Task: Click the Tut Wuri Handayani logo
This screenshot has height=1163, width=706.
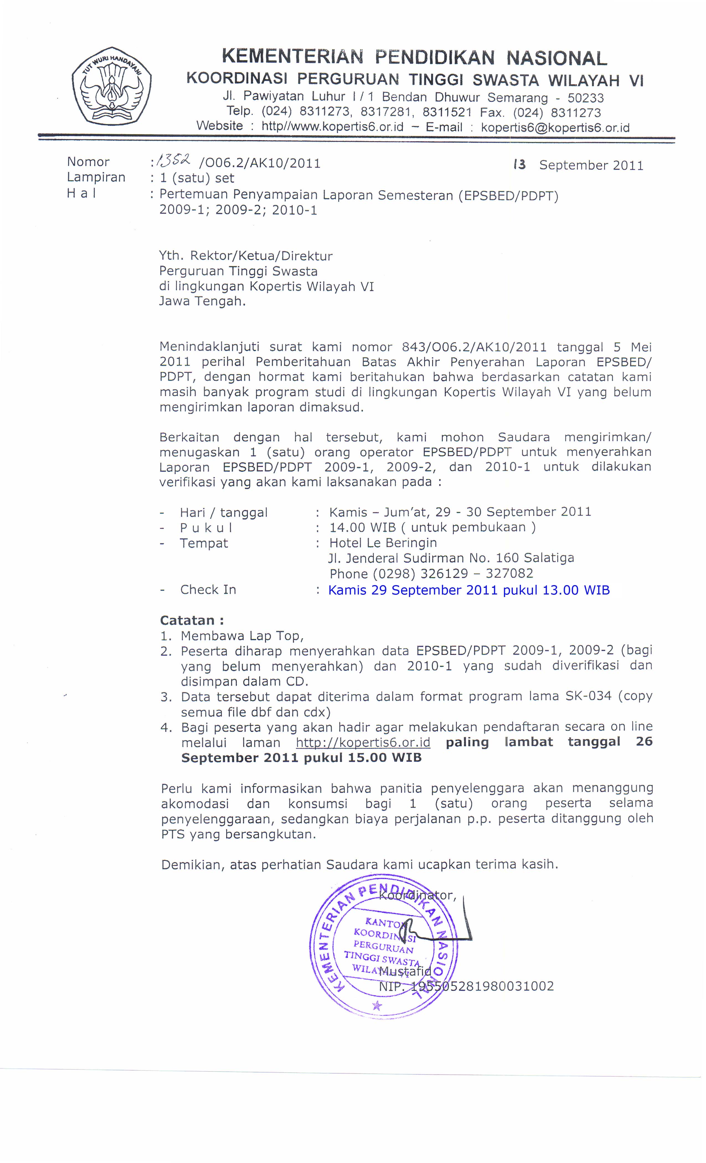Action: (112, 86)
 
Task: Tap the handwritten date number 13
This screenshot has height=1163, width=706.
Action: (519, 165)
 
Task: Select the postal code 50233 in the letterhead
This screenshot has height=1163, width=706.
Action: (585, 98)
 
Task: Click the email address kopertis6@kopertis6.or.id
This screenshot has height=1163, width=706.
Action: (555, 127)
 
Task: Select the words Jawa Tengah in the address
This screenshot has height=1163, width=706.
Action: (202, 301)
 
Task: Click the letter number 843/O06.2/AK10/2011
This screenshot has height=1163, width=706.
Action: (474, 348)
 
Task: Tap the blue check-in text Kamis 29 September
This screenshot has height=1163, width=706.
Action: (413, 590)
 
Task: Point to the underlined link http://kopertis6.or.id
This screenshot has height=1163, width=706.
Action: (363, 742)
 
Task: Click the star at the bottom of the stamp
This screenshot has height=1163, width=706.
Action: (377, 1005)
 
